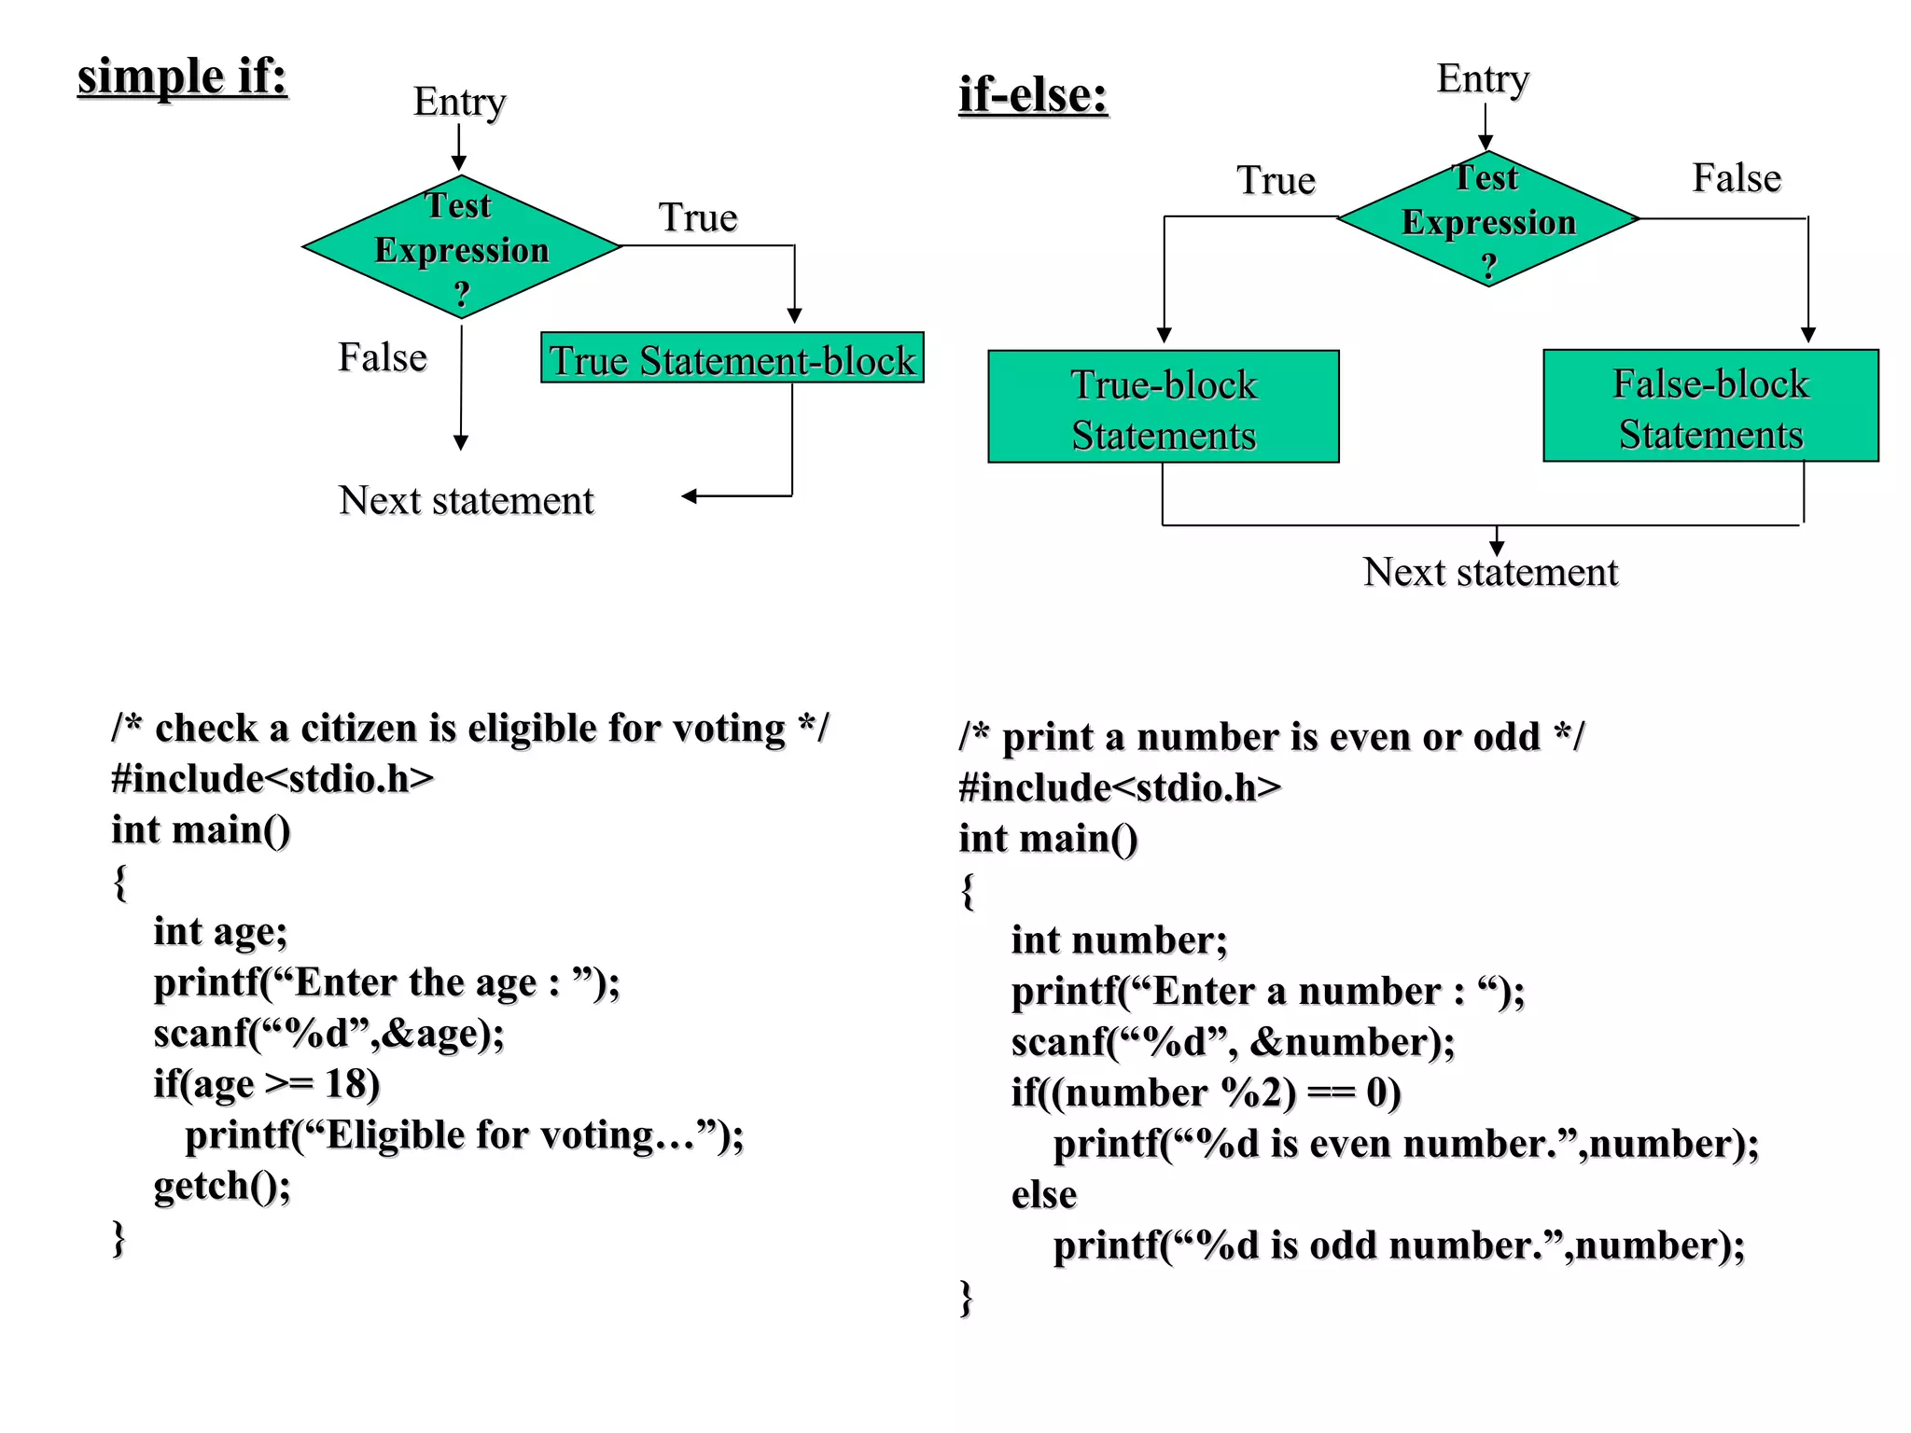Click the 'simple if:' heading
point(182,77)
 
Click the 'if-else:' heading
point(1033,95)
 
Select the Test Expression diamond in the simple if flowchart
point(461,247)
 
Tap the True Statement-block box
point(732,358)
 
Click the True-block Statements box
point(1164,408)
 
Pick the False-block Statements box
point(1710,407)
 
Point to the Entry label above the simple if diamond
point(459,102)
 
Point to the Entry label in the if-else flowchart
point(1483,79)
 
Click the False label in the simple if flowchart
point(383,358)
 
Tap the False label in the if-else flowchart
point(1737,178)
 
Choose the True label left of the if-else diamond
point(1276,181)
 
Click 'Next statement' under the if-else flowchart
point(1490,573)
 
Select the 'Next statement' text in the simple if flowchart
point(466,501)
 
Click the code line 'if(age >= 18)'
point(267,1084)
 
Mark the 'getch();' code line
point(222,1186)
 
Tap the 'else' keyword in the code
point(1044,1195)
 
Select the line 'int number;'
point(1119,940)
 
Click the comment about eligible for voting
point(469,729)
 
